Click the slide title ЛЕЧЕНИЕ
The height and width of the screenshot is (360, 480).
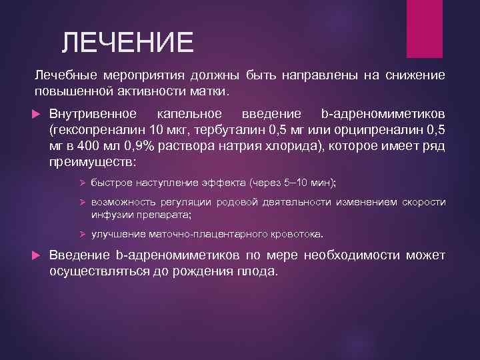coord(127,43)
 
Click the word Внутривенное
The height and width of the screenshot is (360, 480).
coord(93,113)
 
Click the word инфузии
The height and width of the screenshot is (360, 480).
coord(108,215)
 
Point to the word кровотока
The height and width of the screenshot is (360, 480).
coord(297,235)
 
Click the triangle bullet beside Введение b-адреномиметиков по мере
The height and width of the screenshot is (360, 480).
coord(39,256)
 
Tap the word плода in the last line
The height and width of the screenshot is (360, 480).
coord(257,271)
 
